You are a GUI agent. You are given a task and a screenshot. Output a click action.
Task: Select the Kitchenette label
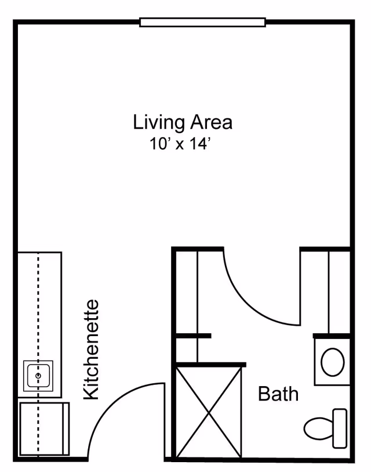coord(92,350)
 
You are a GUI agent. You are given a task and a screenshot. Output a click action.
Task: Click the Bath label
coord(278,394)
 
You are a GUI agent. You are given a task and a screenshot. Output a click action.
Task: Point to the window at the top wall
coord(202,23)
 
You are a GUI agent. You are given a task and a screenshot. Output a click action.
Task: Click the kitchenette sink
coord(38,376)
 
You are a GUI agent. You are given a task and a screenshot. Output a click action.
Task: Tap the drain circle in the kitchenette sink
coord(38,376)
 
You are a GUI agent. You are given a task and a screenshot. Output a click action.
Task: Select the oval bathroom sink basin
coord(332,362)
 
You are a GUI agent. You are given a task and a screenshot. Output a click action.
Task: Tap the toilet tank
coord(340,428)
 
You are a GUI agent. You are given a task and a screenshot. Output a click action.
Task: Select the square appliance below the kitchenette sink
coord(44,428)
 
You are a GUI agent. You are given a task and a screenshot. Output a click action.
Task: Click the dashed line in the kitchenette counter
coord(38,308)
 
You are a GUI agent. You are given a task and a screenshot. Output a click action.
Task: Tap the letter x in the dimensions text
coord(179,145)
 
